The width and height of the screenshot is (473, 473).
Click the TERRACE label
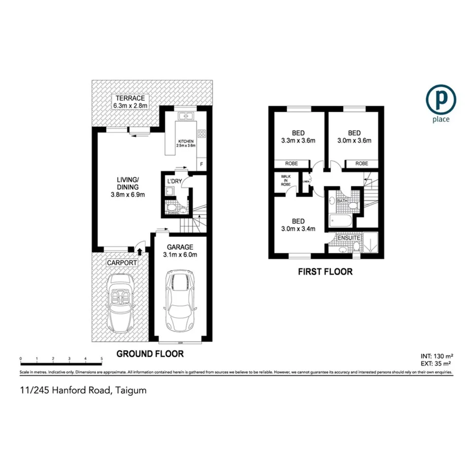click(130, 98)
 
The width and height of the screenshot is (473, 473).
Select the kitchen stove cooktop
click(201, 134)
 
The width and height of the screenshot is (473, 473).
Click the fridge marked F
click(201, 164)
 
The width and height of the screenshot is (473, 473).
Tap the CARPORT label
click(122, 263)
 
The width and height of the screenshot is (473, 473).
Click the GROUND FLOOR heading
click(150, 354)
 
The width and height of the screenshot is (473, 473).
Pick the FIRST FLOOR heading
click(325, 272)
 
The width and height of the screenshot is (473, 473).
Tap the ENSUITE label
click(349, 237)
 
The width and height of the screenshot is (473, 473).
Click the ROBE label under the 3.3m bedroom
click(292, 163)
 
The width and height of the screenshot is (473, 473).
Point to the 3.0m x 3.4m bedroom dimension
click(298, 228)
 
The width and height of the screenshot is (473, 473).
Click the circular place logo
click(441, 99)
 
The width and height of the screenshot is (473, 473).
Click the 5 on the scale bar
click(102, 359)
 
